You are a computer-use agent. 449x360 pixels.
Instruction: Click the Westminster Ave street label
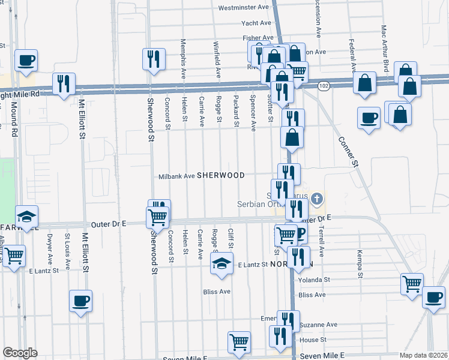(x=244, y=8)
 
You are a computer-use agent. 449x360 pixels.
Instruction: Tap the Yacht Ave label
(x=256, y=23)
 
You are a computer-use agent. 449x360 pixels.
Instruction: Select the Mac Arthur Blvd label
(x=385, y=47)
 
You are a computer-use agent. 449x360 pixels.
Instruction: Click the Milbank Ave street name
(x=177, y=176)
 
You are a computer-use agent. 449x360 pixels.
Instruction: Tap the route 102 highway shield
(x=324, y=86)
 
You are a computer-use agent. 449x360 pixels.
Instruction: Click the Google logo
(x=20, y=352)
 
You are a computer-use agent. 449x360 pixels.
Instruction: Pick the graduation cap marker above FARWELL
(x=26, y=216)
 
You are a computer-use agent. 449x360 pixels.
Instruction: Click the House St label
(x=309, y=340)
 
